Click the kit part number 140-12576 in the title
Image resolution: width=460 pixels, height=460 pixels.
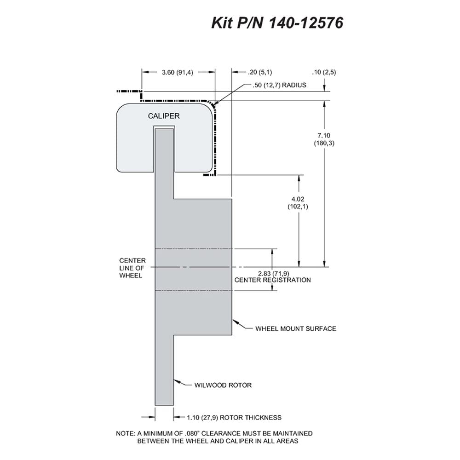(306, 23)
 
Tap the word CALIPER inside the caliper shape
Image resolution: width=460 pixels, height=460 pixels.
(164, 116)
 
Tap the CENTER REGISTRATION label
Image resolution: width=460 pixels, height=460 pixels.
(272, 280)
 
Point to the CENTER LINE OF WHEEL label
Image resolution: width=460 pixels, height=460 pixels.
(132, 268)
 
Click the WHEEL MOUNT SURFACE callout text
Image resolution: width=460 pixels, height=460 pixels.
(296, 328)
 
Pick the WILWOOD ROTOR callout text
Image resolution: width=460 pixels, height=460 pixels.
(223, 385)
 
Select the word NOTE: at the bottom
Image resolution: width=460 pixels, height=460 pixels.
(126, 433)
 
